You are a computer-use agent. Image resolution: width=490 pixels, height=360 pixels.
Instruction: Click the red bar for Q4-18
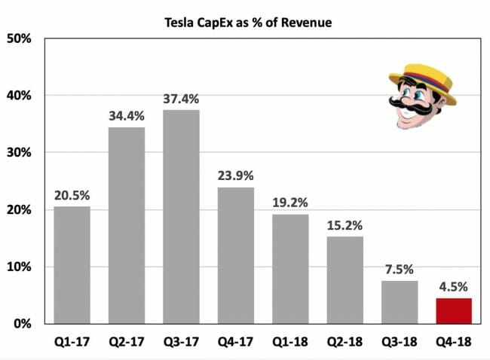(454, 310)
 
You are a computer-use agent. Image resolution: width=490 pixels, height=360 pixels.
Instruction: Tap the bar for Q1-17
(72, 265)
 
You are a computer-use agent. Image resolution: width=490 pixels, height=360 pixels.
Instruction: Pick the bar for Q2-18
(345, 280)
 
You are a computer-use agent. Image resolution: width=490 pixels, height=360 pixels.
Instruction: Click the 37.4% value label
(181, 99)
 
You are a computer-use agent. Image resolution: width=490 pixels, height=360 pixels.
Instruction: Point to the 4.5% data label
(454, 286)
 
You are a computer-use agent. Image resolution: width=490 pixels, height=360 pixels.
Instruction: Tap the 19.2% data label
(290, 203)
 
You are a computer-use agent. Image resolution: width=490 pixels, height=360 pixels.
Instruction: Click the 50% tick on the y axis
(19, 38)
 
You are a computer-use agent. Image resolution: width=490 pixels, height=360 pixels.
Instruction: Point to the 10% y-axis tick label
(19, 267)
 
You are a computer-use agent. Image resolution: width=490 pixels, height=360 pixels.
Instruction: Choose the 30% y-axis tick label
(19, 153)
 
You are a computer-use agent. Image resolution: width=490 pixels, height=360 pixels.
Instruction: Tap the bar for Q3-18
(400, 302)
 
